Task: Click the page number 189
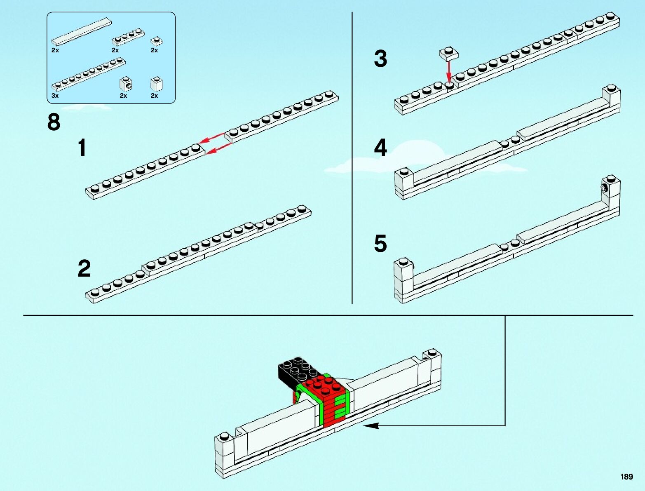click(626, 477)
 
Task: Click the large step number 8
click(54, 122)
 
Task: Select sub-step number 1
click(82, 148)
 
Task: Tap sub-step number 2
click(84, 269)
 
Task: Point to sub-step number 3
click(380, 59)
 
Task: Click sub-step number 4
click(380, 148)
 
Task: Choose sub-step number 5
click(380, 243)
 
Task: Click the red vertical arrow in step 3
click(449, 70)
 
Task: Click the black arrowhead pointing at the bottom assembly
click(371, 425)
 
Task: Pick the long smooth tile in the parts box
click(81, 31)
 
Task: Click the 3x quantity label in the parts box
click(55, 96)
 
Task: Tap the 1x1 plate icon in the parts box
click(157, 41)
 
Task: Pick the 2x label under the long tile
click(55, 50)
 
